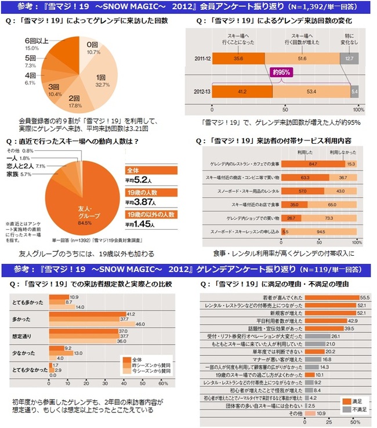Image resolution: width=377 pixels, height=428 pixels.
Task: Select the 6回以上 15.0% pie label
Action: (31, 45)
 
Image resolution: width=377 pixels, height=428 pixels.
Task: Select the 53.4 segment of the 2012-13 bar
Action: (311, 91)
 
